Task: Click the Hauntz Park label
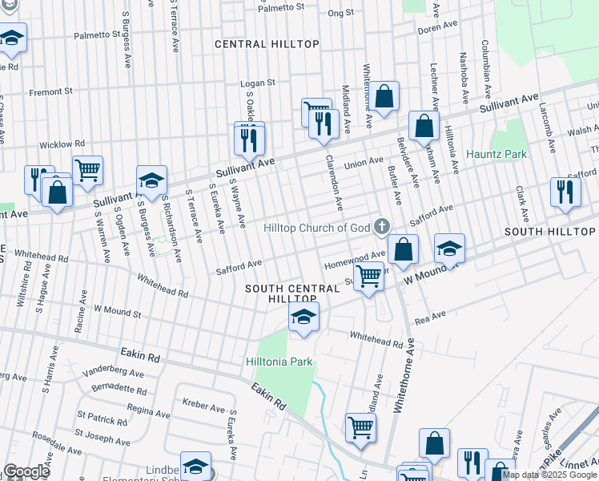click(x=497, y=153)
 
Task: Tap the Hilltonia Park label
click(x=279, y=362)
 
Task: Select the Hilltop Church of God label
click(x=317, y=227)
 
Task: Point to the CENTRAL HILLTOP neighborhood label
click(x=267, y=44)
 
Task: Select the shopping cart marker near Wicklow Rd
click(x=87, y=169)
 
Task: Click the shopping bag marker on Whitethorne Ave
click(x=384, y=96)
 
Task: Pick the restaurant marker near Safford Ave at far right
click(x=565, y=192)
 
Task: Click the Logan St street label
click(x=260, y=83)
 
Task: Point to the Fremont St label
click(x=51, y=92)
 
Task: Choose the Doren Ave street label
click(x=436, y=28)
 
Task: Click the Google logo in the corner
click(x=26, y=471)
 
